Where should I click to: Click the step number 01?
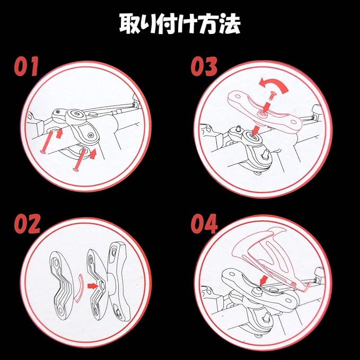point(26,66)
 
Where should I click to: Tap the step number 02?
point(27,224)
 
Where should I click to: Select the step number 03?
point(204,66)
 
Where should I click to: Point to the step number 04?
point(204,224)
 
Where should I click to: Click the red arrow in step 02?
point(92,286)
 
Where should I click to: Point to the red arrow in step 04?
point(264,280)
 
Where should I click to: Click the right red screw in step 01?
point(80,160)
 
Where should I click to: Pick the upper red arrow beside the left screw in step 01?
point(59,134)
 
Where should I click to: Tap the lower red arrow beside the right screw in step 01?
point(93,154)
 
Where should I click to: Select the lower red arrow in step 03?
point(256,130)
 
